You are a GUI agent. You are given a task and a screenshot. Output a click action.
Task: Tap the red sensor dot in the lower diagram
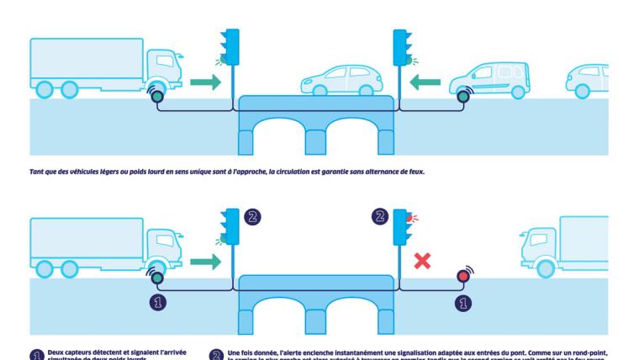[x=462, y=276]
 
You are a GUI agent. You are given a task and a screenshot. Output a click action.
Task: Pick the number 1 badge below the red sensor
[x=462, y=300]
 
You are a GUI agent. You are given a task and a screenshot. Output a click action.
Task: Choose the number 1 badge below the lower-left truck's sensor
[x=156, y=300]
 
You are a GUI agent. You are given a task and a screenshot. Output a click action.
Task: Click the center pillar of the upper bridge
[x=316, y=140]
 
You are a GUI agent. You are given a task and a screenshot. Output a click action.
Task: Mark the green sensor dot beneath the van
[x=462, y=98]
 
